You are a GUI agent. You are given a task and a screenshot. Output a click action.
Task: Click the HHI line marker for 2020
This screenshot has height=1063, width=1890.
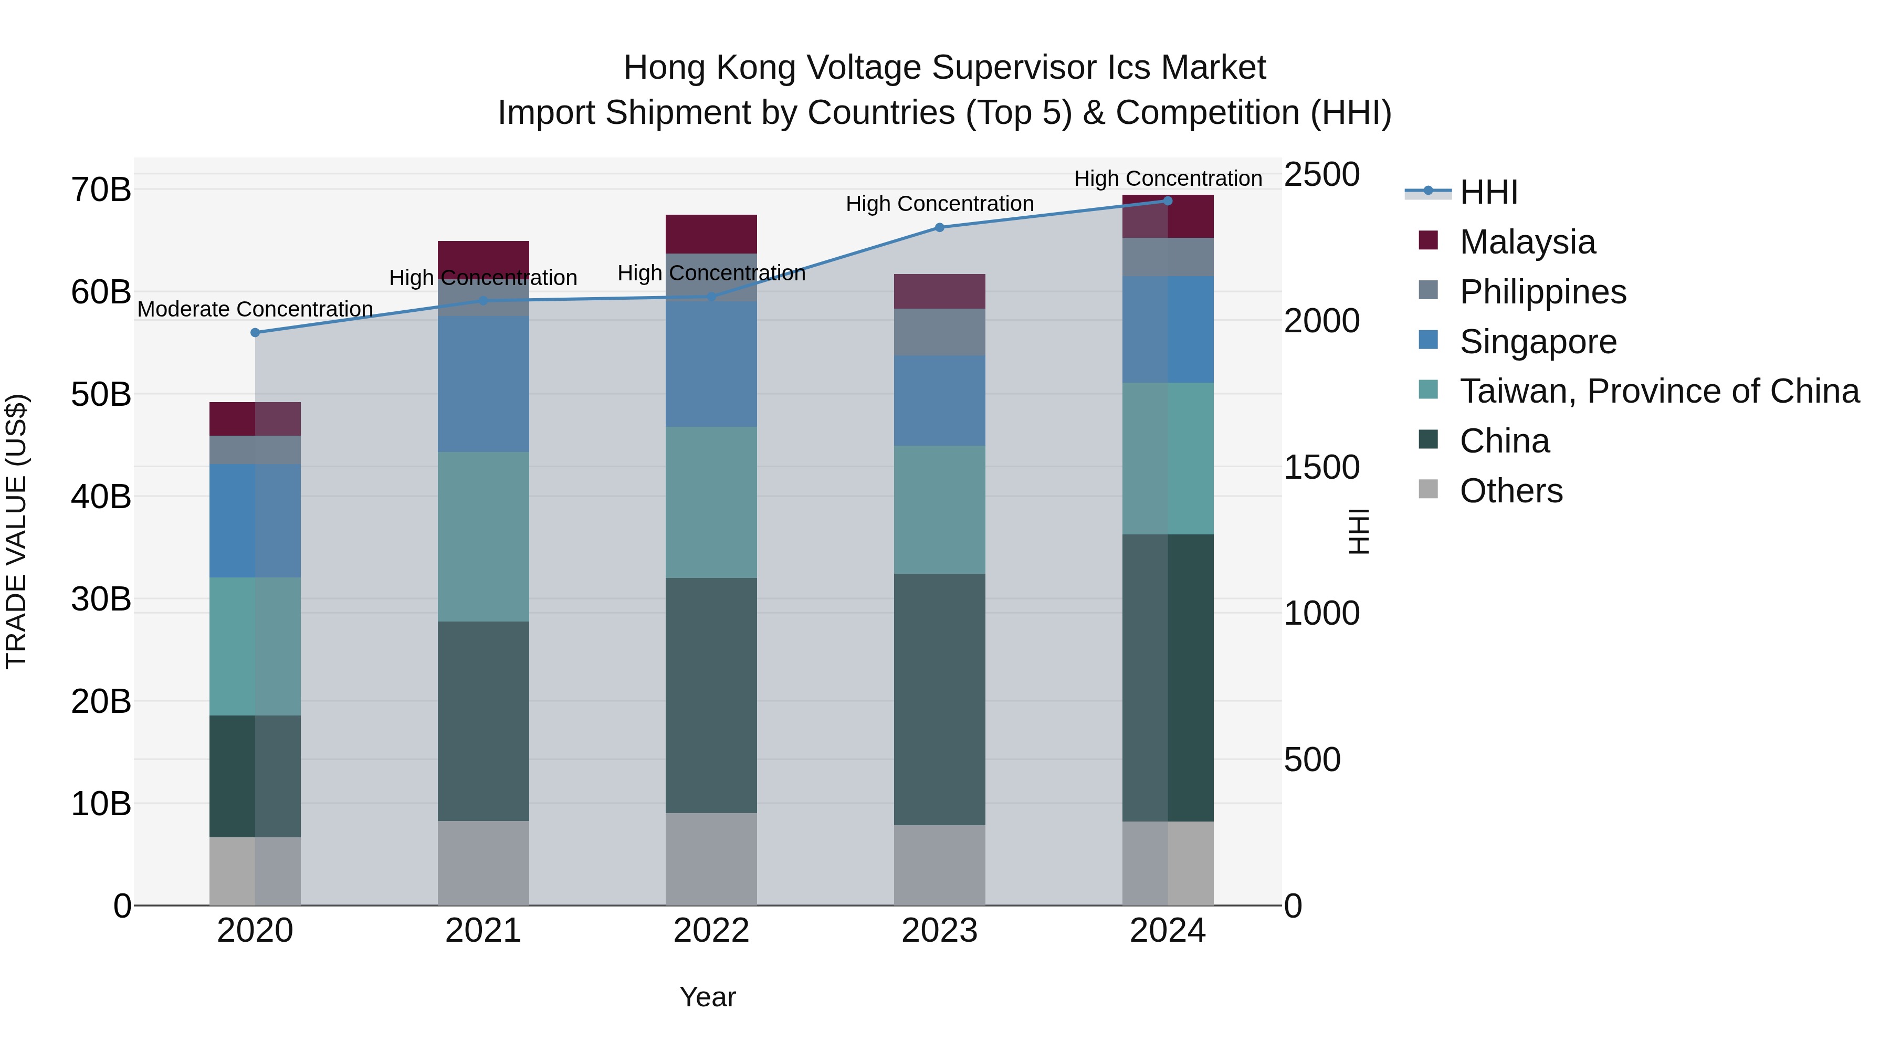point(255,332)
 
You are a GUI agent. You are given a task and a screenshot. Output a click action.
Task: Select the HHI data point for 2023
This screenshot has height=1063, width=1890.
point(939,227)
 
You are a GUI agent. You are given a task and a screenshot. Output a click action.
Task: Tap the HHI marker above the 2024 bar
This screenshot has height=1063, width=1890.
point(1167,201)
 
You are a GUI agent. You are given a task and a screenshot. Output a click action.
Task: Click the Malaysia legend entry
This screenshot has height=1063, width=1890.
point(1527,242)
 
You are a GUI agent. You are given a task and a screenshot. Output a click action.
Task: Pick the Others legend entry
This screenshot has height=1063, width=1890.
point(1510,491)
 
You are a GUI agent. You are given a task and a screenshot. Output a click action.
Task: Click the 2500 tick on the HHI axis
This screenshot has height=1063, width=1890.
point(1321,175)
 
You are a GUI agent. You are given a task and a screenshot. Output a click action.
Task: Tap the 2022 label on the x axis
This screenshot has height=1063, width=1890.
point(711,931)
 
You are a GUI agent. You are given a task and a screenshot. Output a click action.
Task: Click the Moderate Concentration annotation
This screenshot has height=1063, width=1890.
point(255,309)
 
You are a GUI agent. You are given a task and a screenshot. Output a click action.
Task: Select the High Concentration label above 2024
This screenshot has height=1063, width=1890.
point(1167,178)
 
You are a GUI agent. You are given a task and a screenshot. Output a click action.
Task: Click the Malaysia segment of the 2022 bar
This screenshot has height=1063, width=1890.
point(711,234)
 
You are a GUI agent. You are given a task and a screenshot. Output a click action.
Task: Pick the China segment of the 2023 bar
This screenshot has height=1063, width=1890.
point(939,699)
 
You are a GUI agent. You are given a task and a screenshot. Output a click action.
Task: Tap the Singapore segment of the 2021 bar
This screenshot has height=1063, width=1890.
point(483,384)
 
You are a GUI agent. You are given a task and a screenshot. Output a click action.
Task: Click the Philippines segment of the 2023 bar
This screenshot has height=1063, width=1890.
point(939,332)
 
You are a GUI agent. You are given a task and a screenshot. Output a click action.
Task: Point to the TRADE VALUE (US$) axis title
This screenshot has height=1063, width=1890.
point(16,531)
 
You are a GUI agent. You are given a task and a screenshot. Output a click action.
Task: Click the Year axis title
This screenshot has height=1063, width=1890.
point(707,997)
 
